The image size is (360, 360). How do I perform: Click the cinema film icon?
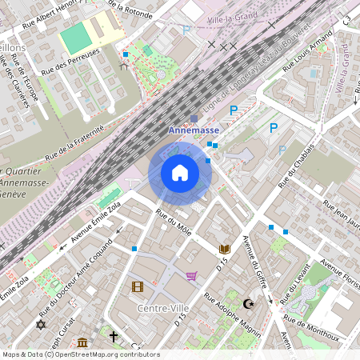[137, 286]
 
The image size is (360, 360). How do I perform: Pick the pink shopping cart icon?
[191, 276]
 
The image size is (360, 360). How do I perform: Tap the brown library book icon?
[225, 249]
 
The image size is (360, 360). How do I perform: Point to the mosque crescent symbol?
[249, 303]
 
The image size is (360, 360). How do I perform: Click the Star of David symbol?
[41, 324]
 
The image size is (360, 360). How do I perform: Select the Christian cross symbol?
[114, 336]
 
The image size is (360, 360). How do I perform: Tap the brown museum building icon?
[83, 343]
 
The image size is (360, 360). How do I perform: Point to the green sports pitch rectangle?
[75, 38]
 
